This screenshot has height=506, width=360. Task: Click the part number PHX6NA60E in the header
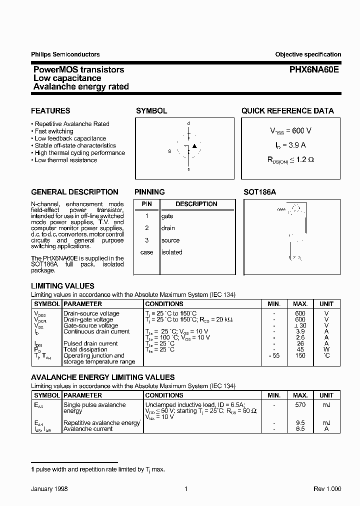pyautogui.click(x=307, y=70)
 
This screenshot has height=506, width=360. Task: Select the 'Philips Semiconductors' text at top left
pyautogui.click(x=65, y=54)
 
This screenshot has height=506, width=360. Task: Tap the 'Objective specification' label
pyautogui.click(x=308, y=54)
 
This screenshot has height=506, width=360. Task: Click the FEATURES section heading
pyautogui.click(x=50, y=111)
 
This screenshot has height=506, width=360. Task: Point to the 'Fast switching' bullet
pyautogui.click(x=54, y=131)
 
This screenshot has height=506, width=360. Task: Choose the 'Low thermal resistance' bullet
pyautogui.click(x=66, y=160)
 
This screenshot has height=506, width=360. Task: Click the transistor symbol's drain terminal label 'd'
pyautogui.click(x=188, y=123)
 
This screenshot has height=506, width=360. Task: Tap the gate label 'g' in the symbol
pyautogui.click(x=169, y=150)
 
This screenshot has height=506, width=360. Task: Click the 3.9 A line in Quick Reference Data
pyautogui.click(x=290, y=145)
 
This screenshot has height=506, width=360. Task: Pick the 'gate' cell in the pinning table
pyautogui.click(x=167, y=216)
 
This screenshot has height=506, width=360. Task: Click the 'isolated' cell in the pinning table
pyautogui.click(x=171, y=252)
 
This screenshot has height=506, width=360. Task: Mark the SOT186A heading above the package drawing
pyautogui.click(x=259, y=192)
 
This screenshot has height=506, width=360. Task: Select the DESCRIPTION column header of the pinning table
pyautogui.click(x=196, y=204)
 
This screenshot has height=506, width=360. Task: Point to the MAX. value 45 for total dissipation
pyautogui.click(x=300, y=349)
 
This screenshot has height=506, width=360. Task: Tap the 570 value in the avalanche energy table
pyautogui.click(x=300, y=405)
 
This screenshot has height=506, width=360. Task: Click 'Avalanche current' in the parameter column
pyautogui.click(x=88, y=429)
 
